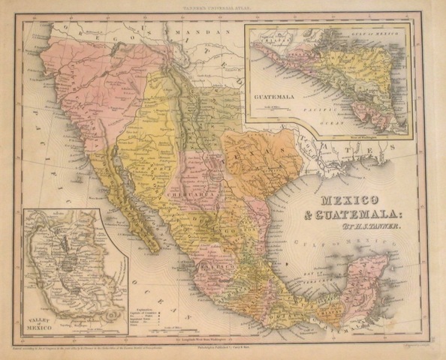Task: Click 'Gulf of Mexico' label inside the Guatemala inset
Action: (375, 31)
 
